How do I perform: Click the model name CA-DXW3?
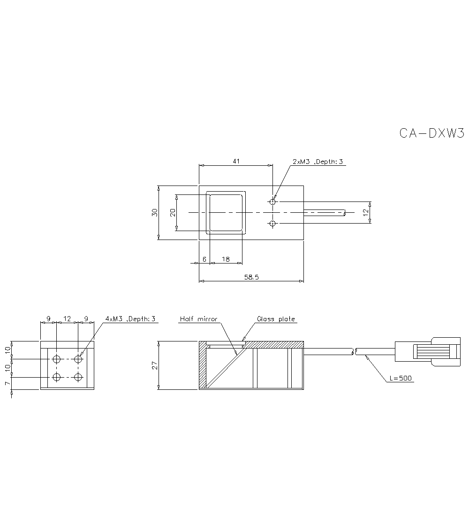[431, 133]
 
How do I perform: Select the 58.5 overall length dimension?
[251, 277]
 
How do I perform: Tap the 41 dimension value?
[236, 161]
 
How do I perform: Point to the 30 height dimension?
[154, 212]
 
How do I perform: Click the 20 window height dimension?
[173, 212]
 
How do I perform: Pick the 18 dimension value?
[226, 259]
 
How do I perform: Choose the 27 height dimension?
[155, 366]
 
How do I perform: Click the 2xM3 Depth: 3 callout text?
[318, 162]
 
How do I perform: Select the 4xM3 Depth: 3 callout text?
[130, 318]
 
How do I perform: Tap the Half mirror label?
[198, 319]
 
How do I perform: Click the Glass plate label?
[276, 319]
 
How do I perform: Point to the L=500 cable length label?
[401, 378]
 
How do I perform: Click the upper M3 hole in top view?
[273, 202]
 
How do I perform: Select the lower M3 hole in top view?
[273, 224]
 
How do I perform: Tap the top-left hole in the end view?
[57, 359]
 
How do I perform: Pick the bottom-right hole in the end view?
[78, 377]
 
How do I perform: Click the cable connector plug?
[428, 351]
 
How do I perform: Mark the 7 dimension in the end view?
[8, 383]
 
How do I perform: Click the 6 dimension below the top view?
[204, 259]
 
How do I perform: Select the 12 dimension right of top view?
[366, 212]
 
